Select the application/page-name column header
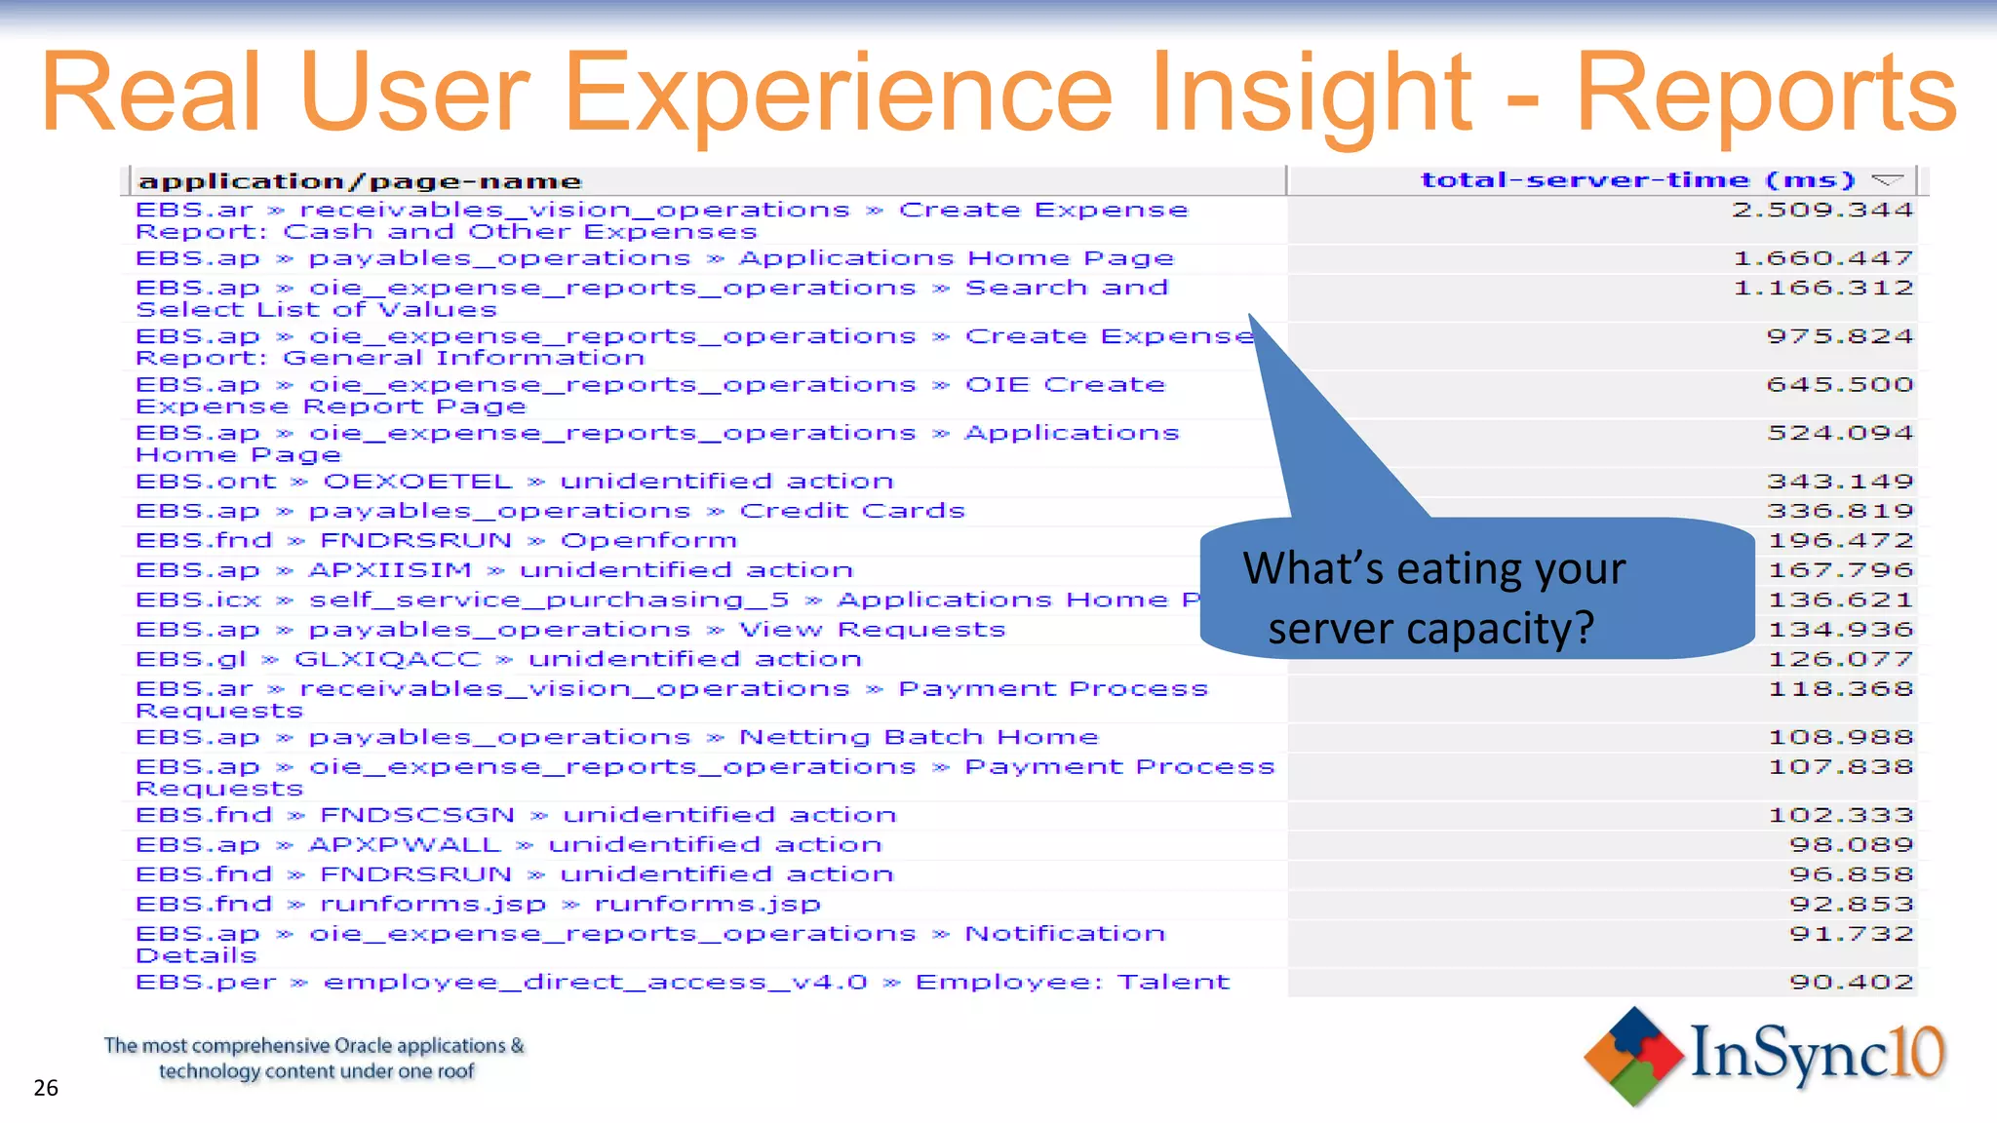(x=359, y=181)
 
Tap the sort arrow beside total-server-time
(x=1888, y=180)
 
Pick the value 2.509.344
(x=1821, y=210)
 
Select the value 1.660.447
(x=1822, y=258)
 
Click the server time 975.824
(x=1839, y=336)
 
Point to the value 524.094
(x=1839, y=433)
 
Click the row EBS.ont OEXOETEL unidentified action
(x=514, y=482)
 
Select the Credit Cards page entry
(x=851, y=511)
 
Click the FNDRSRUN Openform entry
(x=436, y=540)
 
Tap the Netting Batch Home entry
(x=918, y=737)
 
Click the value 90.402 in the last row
(x=1850, y=982)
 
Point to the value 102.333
(x=1840, y=815)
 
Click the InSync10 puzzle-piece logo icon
(x=1632, y=1057)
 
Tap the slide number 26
(x=46, y=1088)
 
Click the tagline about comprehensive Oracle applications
(x=314, y=1058)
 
